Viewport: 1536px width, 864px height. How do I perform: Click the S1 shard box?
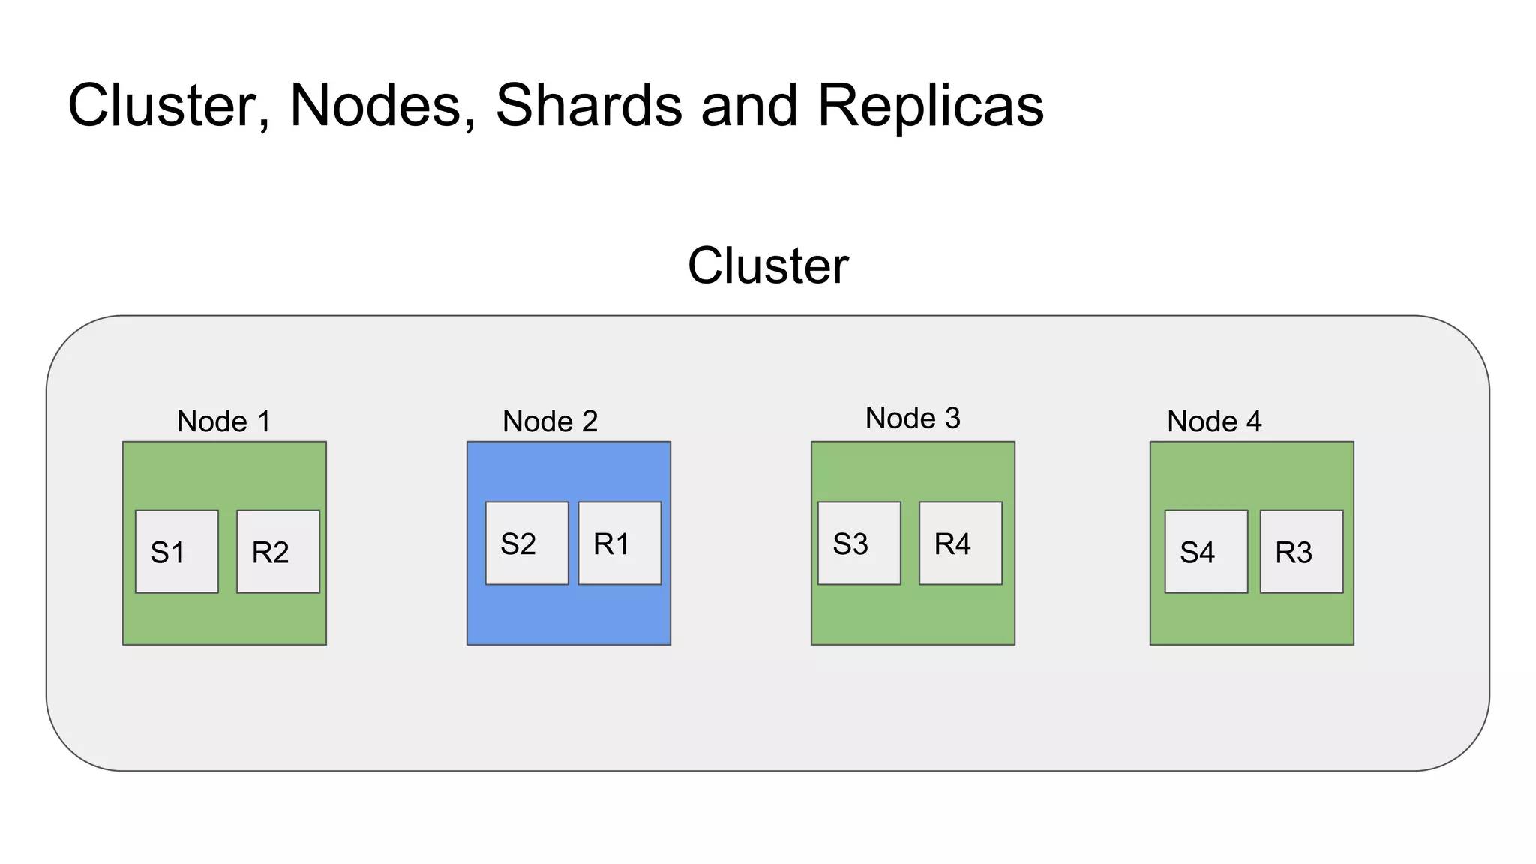pos(176,552)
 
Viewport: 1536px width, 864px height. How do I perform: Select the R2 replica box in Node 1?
pos(278,552)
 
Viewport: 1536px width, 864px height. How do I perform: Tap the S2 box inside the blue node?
pos(526,543)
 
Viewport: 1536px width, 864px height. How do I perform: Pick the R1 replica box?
pos(619,543)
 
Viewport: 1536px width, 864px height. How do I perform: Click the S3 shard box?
pos(859,543)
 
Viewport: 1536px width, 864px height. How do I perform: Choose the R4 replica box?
pos(961,543)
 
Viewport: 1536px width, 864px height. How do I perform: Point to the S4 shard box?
pos(1206,552)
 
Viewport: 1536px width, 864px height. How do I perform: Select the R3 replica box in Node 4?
pos(1301,552)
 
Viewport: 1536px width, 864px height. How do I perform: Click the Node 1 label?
pos(223,421)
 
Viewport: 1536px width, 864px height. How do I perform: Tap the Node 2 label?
pos(550,421)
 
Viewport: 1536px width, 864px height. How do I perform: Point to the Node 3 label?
pos(913,418)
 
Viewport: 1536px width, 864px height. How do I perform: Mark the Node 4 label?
pos(1214,421)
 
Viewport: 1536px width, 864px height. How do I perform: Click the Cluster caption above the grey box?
pos(768,265)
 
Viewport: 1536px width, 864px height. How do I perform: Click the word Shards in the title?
pos(589,105)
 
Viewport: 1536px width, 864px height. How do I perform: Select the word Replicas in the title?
pos(930,105)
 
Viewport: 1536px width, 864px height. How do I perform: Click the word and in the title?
pos(749,105)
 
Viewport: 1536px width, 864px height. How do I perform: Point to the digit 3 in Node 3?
pos(952,418)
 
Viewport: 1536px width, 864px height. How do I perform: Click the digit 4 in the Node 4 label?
pos(1254,421)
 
